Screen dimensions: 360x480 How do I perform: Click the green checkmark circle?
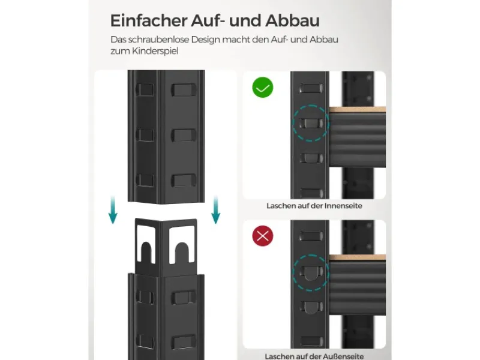click(262, 88)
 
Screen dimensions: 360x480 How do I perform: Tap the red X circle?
click(262, 236)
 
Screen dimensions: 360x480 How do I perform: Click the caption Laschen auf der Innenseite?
click(314, 206)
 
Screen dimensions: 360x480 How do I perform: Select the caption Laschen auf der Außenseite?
click(314, 355)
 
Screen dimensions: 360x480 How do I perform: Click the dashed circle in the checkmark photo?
click(311, 123)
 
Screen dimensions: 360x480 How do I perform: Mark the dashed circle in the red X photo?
click(311, 272)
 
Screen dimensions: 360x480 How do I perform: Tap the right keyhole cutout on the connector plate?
click(182, 248)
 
